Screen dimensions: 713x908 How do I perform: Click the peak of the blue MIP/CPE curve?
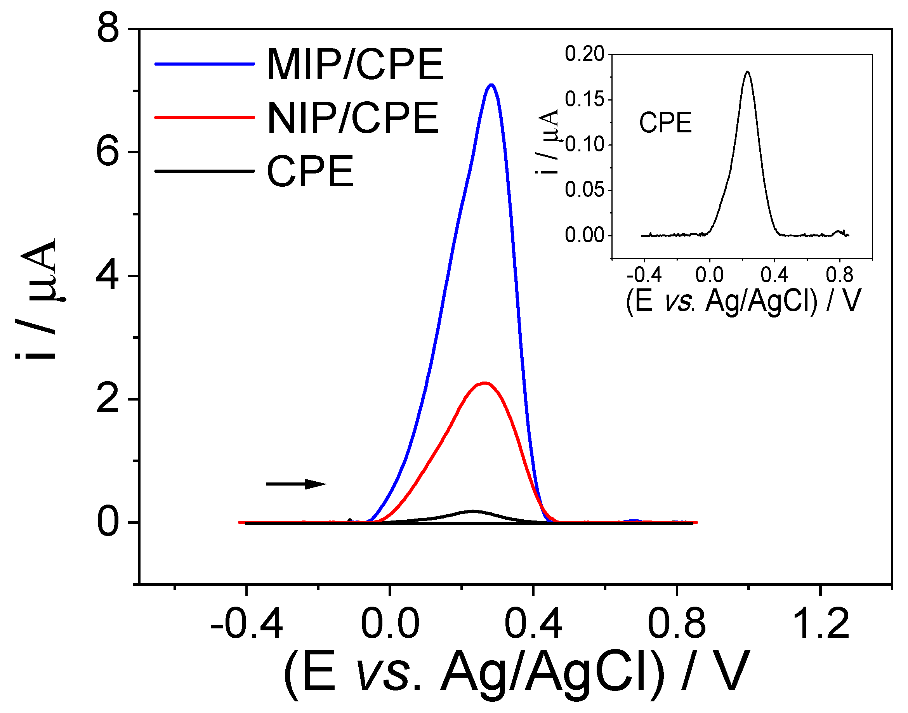click(x=491, y=85)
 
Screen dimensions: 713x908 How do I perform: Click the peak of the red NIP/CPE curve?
click(x=484, y=383)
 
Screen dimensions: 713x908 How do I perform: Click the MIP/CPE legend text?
click(x=355, y=65)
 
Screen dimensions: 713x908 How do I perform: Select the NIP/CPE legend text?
click(x=353, y=118)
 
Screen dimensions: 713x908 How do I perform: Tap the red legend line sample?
click(x=205, y=118)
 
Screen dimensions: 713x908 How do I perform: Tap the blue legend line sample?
click(x=205, y=64)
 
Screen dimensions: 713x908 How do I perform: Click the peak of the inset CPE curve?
click(x=747, y=72)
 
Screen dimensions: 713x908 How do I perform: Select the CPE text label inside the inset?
click(x=665, y=123)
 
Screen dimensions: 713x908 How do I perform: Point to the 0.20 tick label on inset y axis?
click(x=585, y=54)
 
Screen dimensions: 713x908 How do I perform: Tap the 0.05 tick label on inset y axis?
click(x=585, y=190)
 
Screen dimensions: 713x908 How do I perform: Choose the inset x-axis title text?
click(x=743, y=300)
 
